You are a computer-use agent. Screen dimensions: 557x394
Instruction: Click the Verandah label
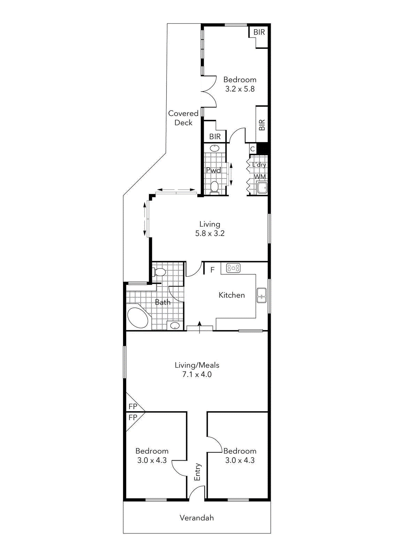coord(196,518)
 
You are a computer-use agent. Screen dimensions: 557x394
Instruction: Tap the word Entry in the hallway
coord(198,472)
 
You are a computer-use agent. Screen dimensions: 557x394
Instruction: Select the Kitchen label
coord(232,295)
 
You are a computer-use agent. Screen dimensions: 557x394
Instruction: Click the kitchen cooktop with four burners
coord(233,268)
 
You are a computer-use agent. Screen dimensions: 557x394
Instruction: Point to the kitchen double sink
coord(261,295)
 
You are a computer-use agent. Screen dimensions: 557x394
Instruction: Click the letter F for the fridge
coord(213,270)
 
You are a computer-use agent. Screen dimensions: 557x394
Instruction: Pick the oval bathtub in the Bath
coord(138,317)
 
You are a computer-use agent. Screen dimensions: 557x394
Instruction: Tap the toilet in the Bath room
coord(160,272)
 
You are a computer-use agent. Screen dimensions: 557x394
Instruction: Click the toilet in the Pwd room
coord(214,187)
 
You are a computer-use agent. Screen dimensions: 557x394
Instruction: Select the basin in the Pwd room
coord(215,148)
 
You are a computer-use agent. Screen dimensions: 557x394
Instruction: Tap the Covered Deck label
coord(183,118)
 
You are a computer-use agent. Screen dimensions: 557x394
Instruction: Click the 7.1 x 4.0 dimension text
coord(197,375)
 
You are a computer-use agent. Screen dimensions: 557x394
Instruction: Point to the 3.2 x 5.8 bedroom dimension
coord(240,89)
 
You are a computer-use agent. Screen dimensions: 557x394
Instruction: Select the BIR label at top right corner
coord(259,32)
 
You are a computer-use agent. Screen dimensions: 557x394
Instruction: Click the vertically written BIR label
coord(262,125)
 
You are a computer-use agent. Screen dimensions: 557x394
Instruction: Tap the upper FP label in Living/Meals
coord(133,406)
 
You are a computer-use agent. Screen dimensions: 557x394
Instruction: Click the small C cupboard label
coord(253,149)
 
